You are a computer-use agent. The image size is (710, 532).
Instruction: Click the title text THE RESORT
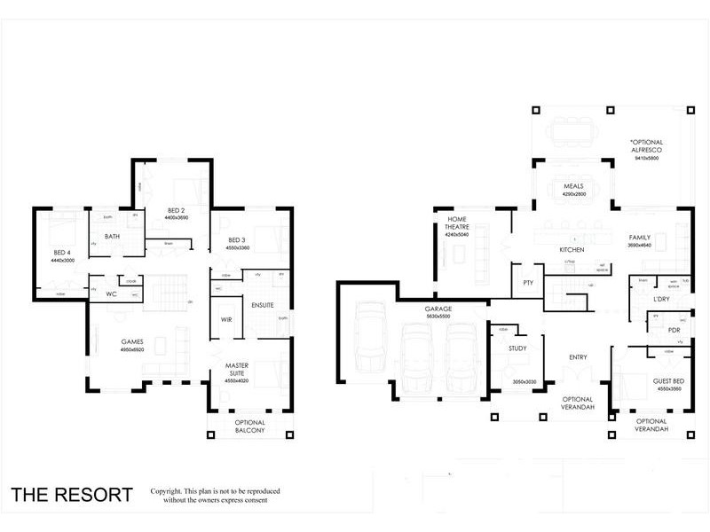72,495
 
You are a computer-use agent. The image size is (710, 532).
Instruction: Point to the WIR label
226,318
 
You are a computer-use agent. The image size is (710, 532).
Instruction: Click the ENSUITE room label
264,305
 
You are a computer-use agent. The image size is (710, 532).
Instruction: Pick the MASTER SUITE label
235,369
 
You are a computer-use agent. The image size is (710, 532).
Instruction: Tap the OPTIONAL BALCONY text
249,427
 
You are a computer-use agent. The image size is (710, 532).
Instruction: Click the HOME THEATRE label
457,223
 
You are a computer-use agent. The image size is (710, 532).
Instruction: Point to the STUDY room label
517,348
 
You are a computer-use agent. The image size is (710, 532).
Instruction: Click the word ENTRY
578,357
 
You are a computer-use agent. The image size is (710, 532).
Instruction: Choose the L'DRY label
661,299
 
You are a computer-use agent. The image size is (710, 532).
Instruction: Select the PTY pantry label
527,284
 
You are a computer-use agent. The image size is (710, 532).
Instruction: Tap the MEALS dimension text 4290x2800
574,194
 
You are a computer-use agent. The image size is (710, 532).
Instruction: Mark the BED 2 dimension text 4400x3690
177,217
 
